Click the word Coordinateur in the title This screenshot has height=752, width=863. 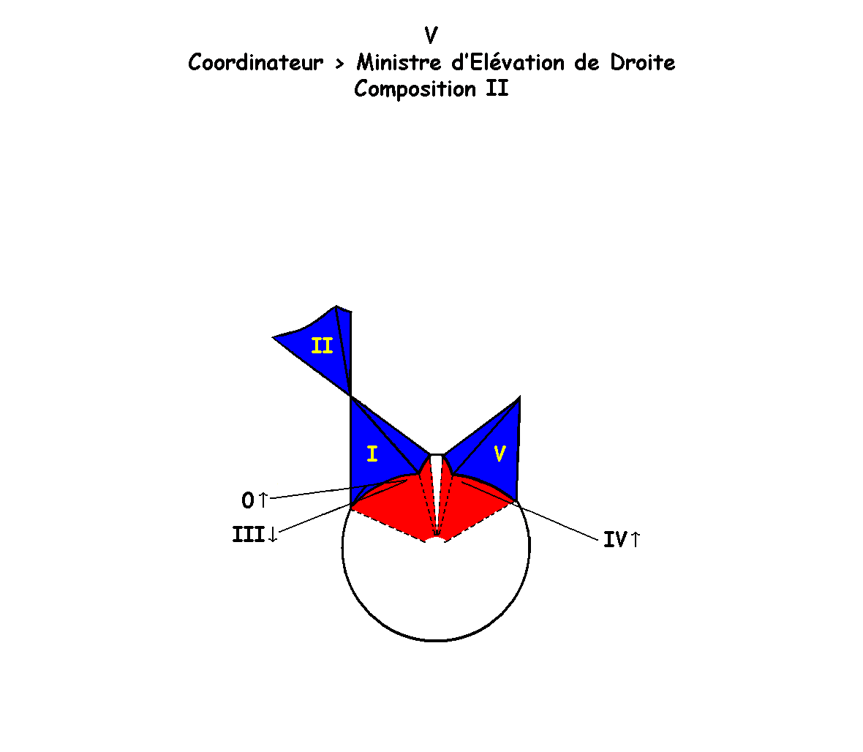click(255, 63)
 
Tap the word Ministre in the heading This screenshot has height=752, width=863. click(399, 63)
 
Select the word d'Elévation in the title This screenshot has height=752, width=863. click(508, 62)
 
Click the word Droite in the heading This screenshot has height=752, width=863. click(643, 63)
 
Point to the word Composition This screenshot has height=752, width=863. click(415, 89)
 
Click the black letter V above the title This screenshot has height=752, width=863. click(431, 36)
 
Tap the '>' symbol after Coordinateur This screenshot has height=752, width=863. click(339, 64)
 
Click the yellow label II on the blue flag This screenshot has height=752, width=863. click(322, 346)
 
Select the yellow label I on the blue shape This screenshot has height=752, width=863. click(372, 454)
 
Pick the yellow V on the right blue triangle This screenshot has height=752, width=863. click(500, 454)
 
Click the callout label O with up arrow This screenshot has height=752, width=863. click(255, 500)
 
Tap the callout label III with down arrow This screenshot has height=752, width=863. click(255, 535)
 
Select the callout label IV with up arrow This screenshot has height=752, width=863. click(622, 540)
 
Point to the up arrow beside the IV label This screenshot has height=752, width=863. click(635, 540)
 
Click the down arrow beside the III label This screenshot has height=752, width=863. click(273, 535)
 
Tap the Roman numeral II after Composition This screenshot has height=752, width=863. click(497, 89)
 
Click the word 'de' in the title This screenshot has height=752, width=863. click(587, 63)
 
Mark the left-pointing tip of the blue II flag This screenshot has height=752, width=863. click(273, 337)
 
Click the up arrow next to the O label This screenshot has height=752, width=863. click(263, 500)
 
